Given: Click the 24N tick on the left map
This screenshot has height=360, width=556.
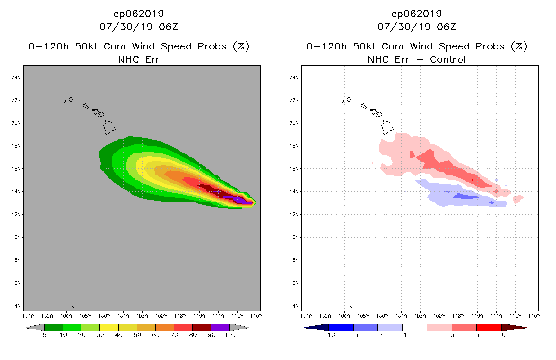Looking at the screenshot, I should pyautogui.click(x=17, y=77).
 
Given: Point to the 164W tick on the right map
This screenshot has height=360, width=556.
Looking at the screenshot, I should pyautogui.click(x=307, y=315).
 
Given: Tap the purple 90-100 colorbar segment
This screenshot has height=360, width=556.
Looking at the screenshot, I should pyautogui.click(x=220, y=327).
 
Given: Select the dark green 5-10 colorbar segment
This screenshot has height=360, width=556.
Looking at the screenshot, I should pyautogui.click(x=54, y=327).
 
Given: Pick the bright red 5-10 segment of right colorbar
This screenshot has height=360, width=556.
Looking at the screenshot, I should pyautogui.click(x=489, y=327).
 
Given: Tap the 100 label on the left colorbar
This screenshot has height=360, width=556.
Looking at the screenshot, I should pyautogui.click(x=230, y=335).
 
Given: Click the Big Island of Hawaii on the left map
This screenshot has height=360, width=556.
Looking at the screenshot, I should pyautogui.click(x=109, y=127).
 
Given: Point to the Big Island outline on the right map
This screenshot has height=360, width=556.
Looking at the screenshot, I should pyautogui.click(x=387, y=127).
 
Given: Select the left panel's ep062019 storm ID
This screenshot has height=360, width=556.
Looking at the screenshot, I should pyautogui.click(x=139, y=14).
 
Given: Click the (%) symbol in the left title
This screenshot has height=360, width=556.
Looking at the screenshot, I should pyautogui.click(x=241, y=46).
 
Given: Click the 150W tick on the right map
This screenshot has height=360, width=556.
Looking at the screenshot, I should pyautogui.click(x=440, y=315).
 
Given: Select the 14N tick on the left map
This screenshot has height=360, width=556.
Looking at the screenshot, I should pyautogui.click(x=17, y=191).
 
